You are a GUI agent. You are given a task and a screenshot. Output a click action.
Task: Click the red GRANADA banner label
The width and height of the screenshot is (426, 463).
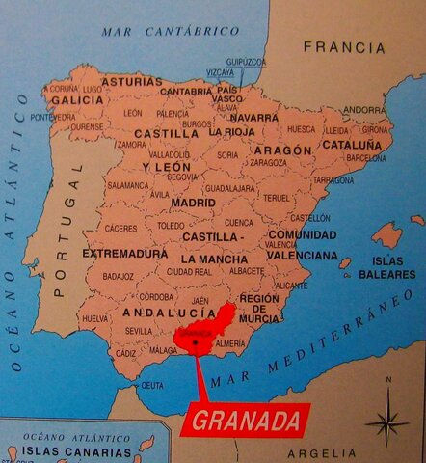[246, 421]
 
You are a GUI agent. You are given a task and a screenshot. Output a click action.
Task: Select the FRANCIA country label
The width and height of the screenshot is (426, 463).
[343, 46]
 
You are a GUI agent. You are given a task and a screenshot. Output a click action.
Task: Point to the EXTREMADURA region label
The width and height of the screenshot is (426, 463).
[124, 254]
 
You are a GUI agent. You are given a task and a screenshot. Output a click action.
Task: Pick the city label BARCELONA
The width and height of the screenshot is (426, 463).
[366, 157]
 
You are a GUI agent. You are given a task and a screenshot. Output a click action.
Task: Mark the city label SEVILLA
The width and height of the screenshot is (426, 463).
[139, 330]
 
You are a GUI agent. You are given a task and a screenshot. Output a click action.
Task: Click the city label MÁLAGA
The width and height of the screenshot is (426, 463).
[165, 351]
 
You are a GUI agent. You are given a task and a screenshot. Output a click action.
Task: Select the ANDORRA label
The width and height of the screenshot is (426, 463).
[363, 110]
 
